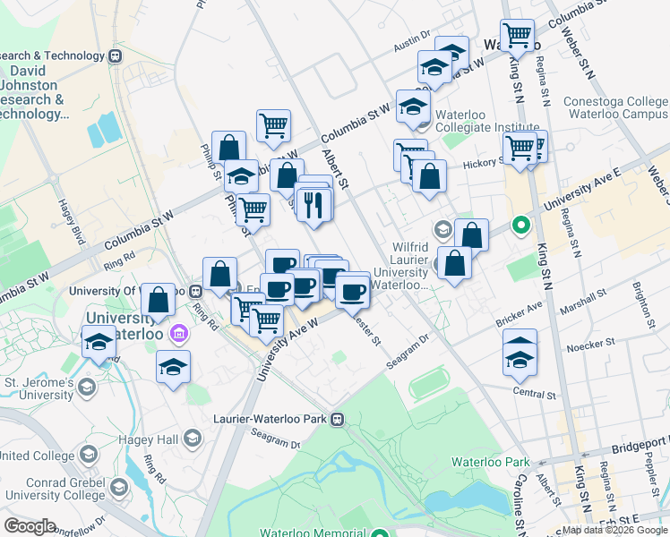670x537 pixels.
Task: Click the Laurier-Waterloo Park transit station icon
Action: click(x=338, y=418)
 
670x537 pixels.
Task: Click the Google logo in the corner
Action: click(x=30, y=526)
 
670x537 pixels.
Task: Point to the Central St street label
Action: click(x=535, y=393)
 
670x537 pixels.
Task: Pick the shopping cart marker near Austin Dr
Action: click(x=517, y=36)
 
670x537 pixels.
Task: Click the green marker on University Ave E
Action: click(x=519, y=225)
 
